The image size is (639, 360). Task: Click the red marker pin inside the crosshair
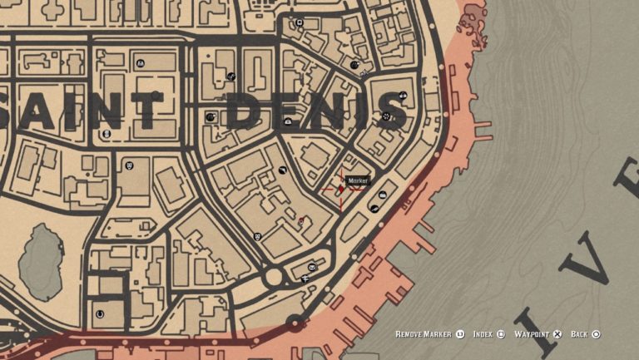coord(340,189)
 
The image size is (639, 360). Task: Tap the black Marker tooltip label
coord(358,180)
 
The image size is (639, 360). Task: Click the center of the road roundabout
coord(273,278)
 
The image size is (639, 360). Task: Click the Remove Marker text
coord(424,334)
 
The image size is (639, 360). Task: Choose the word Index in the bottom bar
coord(483,334)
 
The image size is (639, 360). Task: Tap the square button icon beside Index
coord(501,334)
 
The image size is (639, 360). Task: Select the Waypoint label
coord(531,334)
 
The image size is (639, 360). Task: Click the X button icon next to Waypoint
coord(557,334)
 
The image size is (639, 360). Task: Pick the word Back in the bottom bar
coord(579,334)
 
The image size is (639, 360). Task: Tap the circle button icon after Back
coord(596,334)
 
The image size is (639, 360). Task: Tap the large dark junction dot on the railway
coord(293,322)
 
